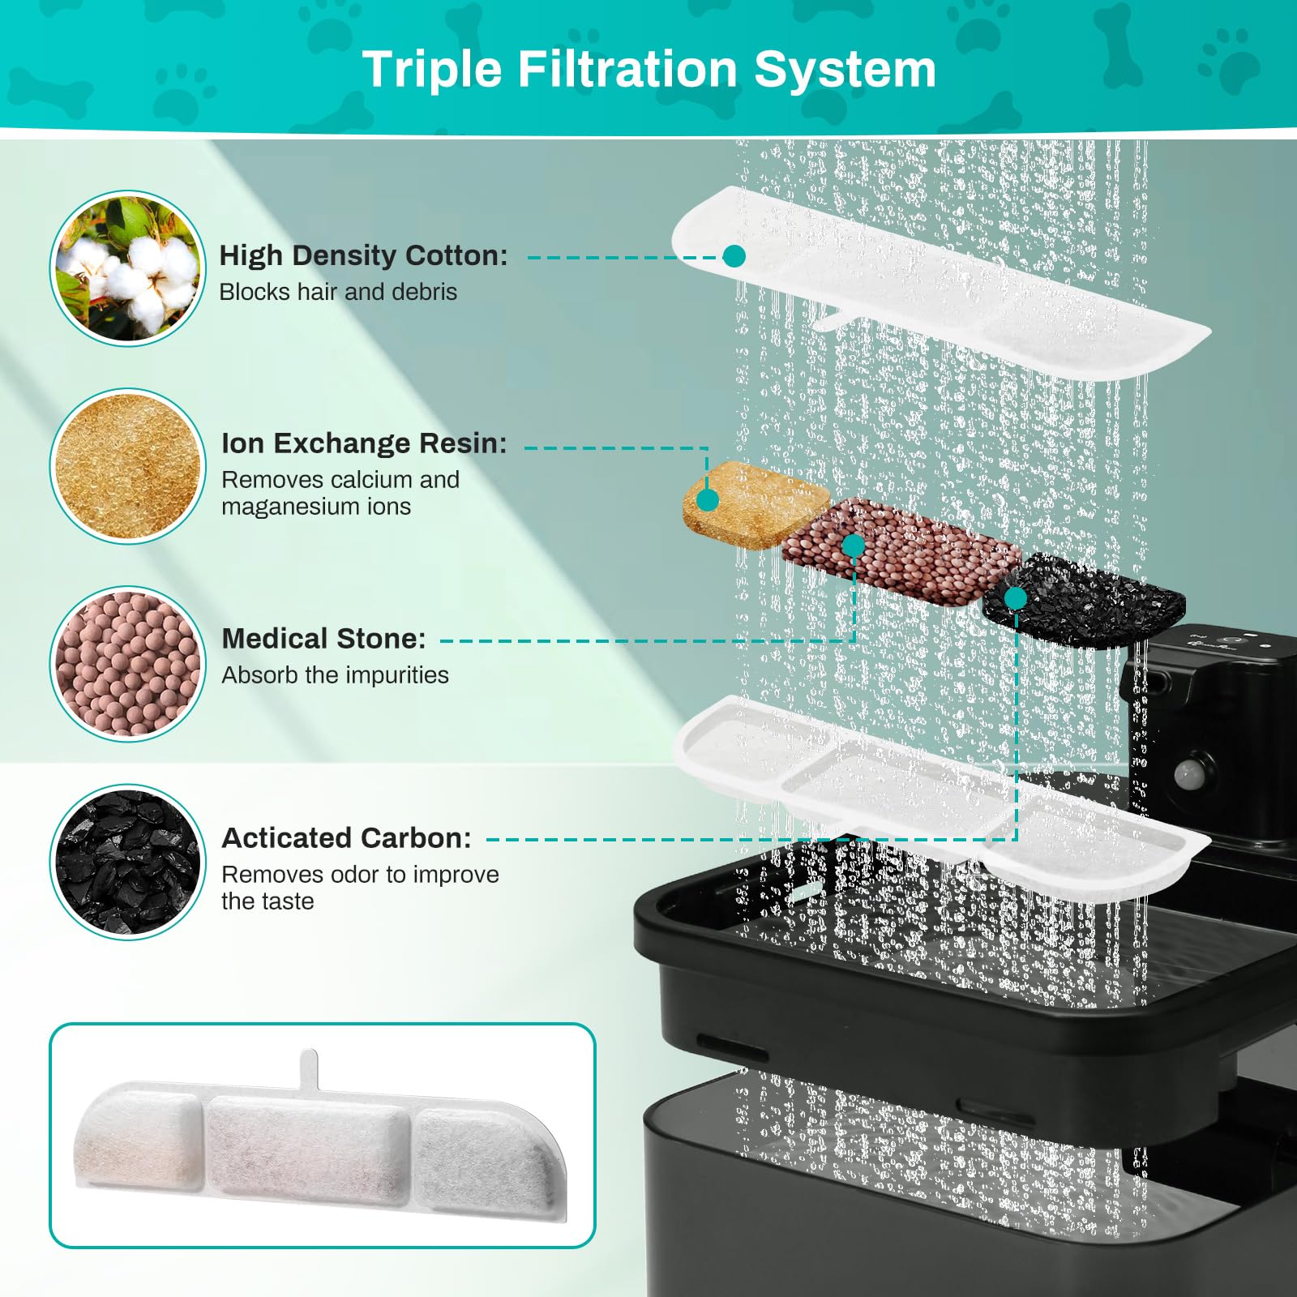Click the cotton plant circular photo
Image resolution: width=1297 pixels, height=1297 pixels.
128,268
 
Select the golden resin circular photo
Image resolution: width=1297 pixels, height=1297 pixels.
128,466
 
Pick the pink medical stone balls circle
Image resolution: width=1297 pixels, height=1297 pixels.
128,663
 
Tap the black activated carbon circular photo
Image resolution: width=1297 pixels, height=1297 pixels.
128,862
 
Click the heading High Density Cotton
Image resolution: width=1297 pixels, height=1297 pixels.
363,255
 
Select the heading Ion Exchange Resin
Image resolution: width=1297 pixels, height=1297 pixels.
363,443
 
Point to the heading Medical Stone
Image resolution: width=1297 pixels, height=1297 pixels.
323,639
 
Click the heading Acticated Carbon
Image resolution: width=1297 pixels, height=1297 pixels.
346,837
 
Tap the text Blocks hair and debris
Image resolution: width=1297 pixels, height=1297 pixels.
338,292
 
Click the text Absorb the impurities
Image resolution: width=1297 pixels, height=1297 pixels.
335,675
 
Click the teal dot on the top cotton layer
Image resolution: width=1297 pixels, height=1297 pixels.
734,256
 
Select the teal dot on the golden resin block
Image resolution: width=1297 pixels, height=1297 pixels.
708,500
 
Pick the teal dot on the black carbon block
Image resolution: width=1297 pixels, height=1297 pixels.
1015,598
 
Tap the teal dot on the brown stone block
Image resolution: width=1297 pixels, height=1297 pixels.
853,546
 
